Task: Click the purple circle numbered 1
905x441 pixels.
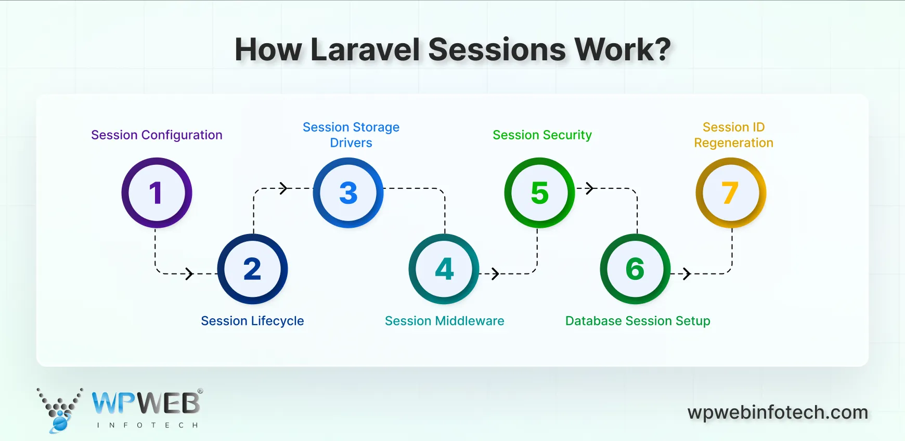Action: click(157, 193)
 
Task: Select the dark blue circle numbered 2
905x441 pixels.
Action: click(252, 269)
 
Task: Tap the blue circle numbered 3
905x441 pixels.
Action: click(348, 193)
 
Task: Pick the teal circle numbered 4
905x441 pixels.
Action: click(444, 269)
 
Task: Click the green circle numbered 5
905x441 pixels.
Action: click(539, 193)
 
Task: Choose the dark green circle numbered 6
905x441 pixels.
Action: click(635, 269)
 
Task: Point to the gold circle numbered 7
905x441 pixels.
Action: click(731, 193)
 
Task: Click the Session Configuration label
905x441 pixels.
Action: click(157, 135)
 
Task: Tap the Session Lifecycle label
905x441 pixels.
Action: click(252, 321)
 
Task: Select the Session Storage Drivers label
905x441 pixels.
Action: click(351, 135)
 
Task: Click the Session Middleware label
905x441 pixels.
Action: click(444, 321)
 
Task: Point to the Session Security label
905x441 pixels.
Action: click(542, 135)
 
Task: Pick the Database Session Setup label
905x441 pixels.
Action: click(638, 321)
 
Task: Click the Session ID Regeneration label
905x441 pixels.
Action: click(733, 135)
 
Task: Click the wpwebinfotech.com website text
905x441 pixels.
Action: click(778, 412)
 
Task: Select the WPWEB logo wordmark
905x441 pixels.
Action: click(146, 403)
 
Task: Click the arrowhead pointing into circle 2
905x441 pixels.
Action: click(190, 274)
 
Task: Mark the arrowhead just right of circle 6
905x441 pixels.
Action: click(687, 274)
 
